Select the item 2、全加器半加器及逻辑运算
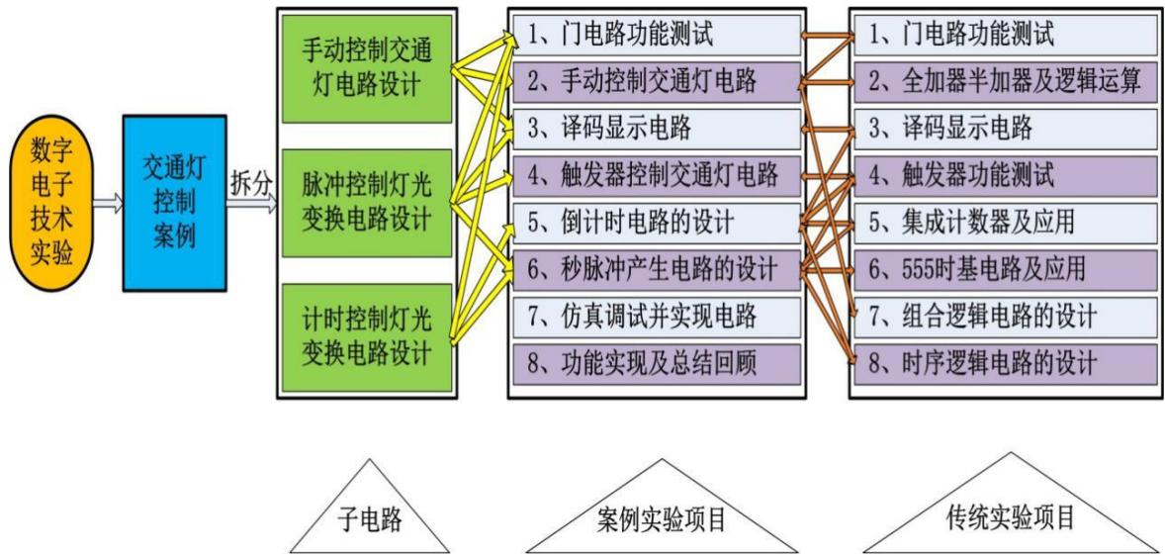click(999, 82)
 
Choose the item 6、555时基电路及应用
click(999, 269)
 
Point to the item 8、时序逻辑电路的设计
click(999, 363)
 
